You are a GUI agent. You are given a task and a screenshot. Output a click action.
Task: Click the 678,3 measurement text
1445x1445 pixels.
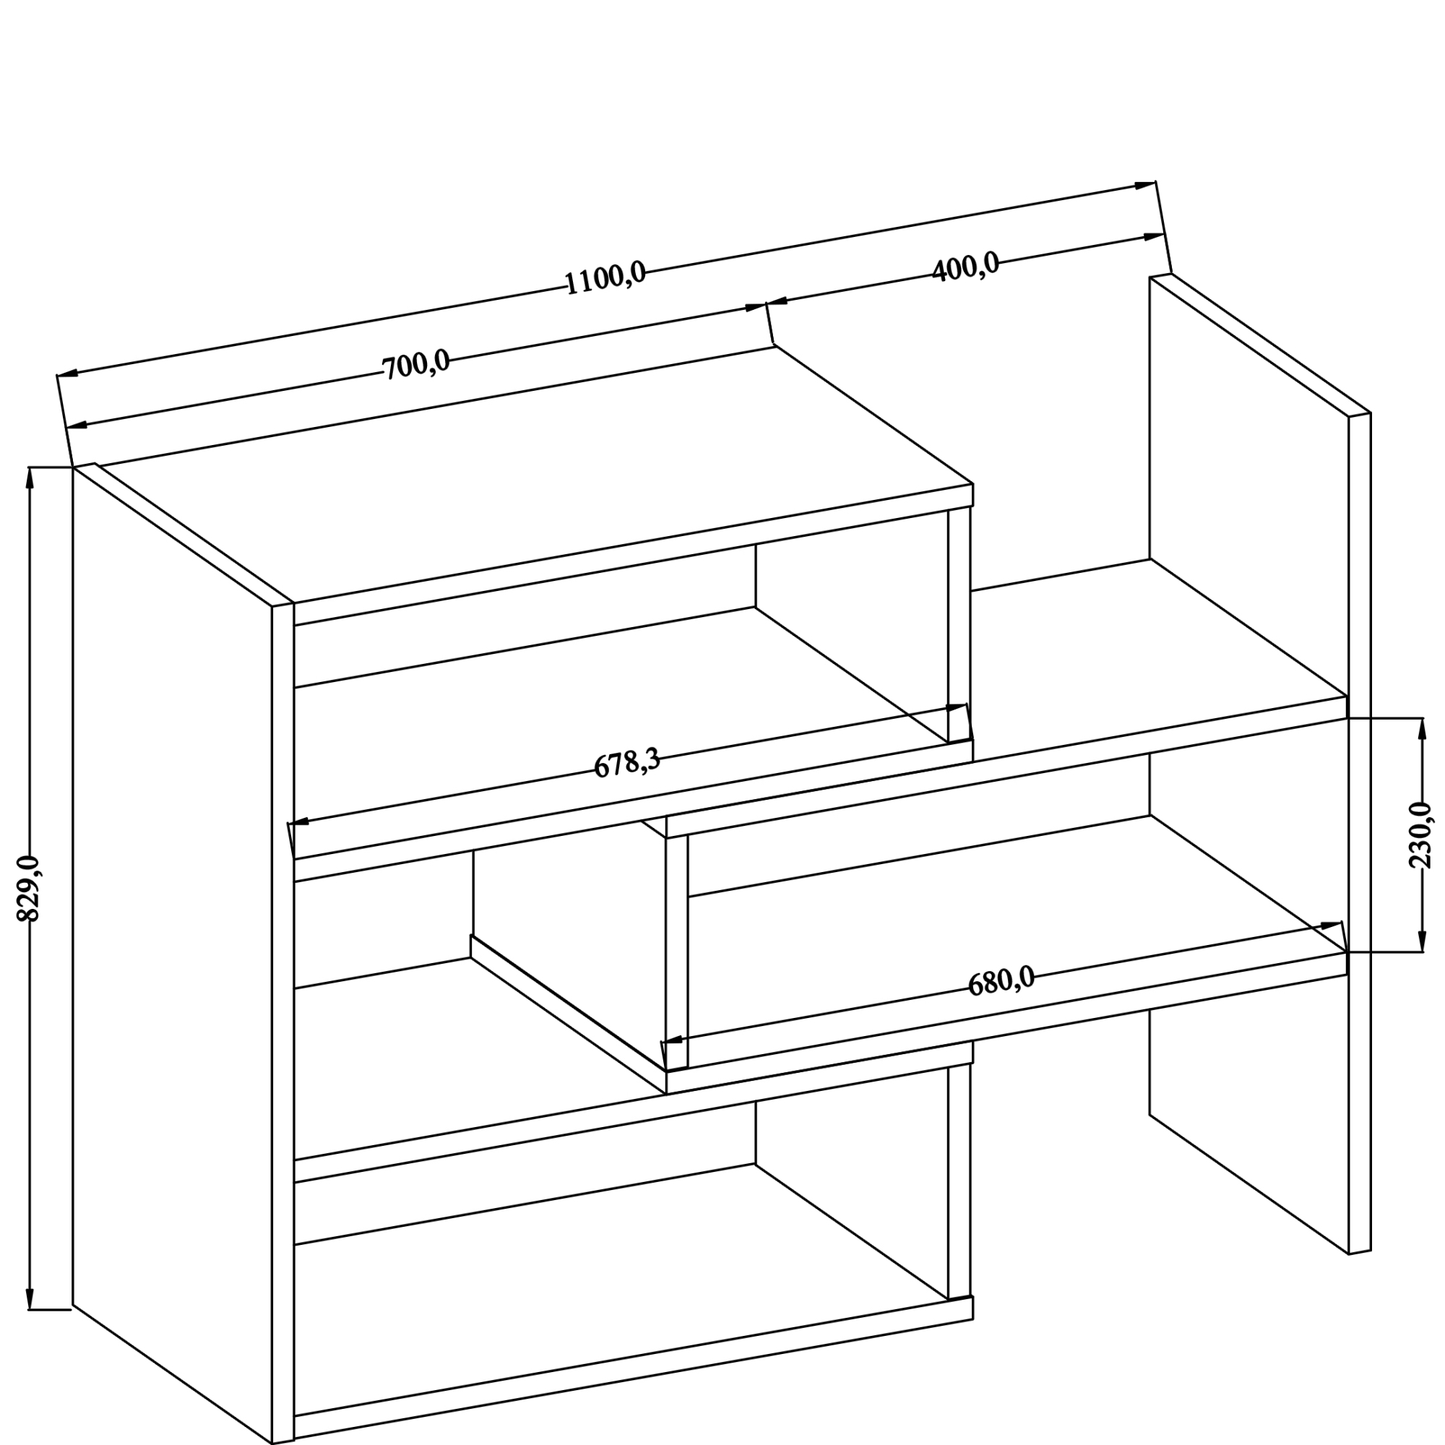[x=626, y=764]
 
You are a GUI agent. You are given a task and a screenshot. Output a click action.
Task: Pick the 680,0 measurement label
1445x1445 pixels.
[x=1001, y=980]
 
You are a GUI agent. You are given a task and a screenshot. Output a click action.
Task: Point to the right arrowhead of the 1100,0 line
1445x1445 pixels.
[x=1145, y=185]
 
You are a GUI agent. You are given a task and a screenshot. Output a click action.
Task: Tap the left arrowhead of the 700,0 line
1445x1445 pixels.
[x=77, y=426]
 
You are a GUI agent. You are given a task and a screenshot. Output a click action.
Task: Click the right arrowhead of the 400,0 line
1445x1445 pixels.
[x=1154, y=237]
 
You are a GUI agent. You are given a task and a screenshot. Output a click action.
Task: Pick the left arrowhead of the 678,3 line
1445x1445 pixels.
[x=298, y=822]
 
